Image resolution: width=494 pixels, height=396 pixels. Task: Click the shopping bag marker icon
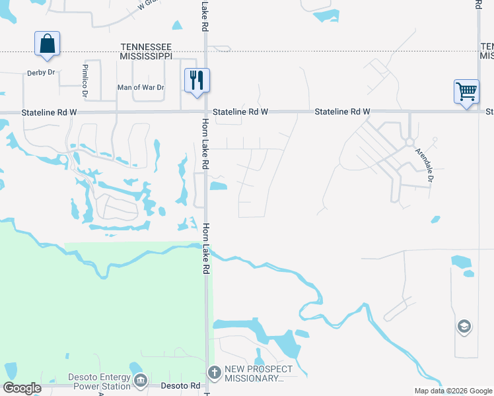pos(47,44)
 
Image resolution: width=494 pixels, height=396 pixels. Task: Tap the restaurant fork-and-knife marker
pos(197,81)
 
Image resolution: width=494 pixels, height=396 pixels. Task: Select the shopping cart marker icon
pos(466,91)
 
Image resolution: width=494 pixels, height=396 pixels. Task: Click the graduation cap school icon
pos(464,326)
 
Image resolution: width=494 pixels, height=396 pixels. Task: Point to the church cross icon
pos(214,372)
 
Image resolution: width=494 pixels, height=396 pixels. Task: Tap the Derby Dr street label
pos(41,73)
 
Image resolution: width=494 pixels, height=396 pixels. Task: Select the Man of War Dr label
pos(139,87)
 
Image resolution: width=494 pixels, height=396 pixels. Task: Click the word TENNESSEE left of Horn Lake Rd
pos(147,47)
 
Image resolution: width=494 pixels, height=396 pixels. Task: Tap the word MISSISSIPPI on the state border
pos(147,56)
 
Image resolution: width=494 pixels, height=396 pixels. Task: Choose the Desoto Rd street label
pos(178,385)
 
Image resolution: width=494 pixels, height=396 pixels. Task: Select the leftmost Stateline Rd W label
pos(49,113)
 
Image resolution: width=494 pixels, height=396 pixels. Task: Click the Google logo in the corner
pos(22,388)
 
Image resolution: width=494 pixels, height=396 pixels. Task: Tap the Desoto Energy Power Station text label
pos(100,381)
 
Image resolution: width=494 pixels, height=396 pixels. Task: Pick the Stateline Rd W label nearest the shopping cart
pos(342,112)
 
